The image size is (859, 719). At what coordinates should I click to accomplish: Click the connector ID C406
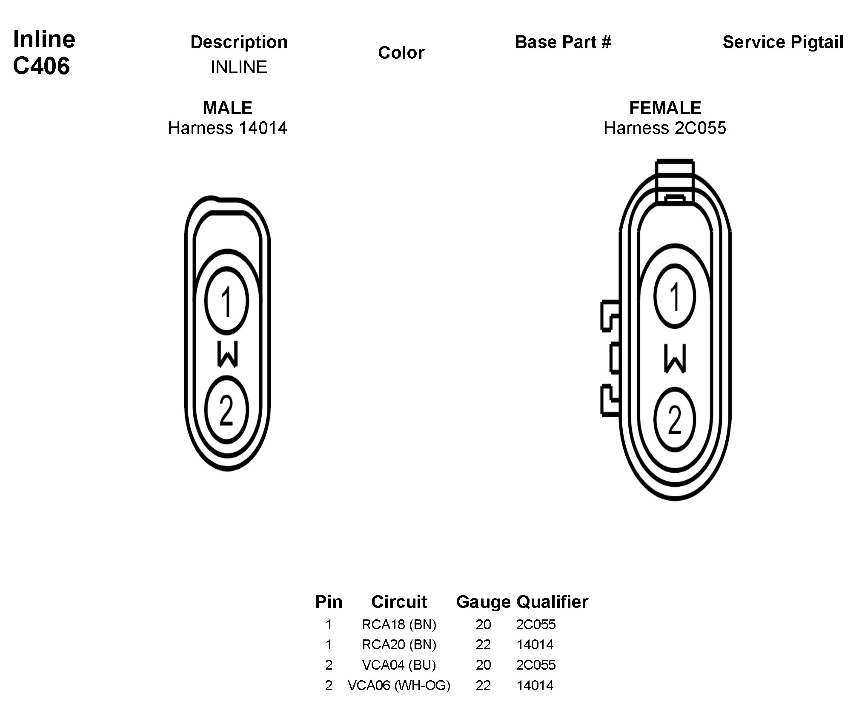tap(41, 66)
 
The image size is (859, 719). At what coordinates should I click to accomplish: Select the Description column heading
tap(239, 42)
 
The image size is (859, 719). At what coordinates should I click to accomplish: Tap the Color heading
tap(401, 53)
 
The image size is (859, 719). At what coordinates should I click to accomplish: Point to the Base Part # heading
tap(563, 42)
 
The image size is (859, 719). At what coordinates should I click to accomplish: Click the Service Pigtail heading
tap(783, 42)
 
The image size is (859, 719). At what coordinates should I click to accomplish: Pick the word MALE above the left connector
tap(227, 108)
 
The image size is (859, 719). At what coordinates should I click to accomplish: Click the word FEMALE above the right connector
tap(665, 108)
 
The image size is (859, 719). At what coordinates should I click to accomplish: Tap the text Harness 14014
tap(227, 128)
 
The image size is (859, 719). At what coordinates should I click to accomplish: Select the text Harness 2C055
tap(665, 128)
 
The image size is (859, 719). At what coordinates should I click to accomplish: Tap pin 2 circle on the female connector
tap(675, 419)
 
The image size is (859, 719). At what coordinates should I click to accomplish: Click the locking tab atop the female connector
tap(675, 181)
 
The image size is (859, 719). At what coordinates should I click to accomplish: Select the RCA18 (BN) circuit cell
tap(399, 624)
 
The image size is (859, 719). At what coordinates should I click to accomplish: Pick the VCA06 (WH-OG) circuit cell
tap(399, 685)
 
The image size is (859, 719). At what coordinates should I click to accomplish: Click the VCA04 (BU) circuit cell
tap(399, 665)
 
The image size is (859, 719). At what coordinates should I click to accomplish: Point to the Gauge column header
tap(483, 602)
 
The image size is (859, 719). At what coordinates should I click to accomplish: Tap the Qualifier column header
tap(552, 602)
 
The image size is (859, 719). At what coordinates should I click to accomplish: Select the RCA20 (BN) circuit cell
tap(399, 645)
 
